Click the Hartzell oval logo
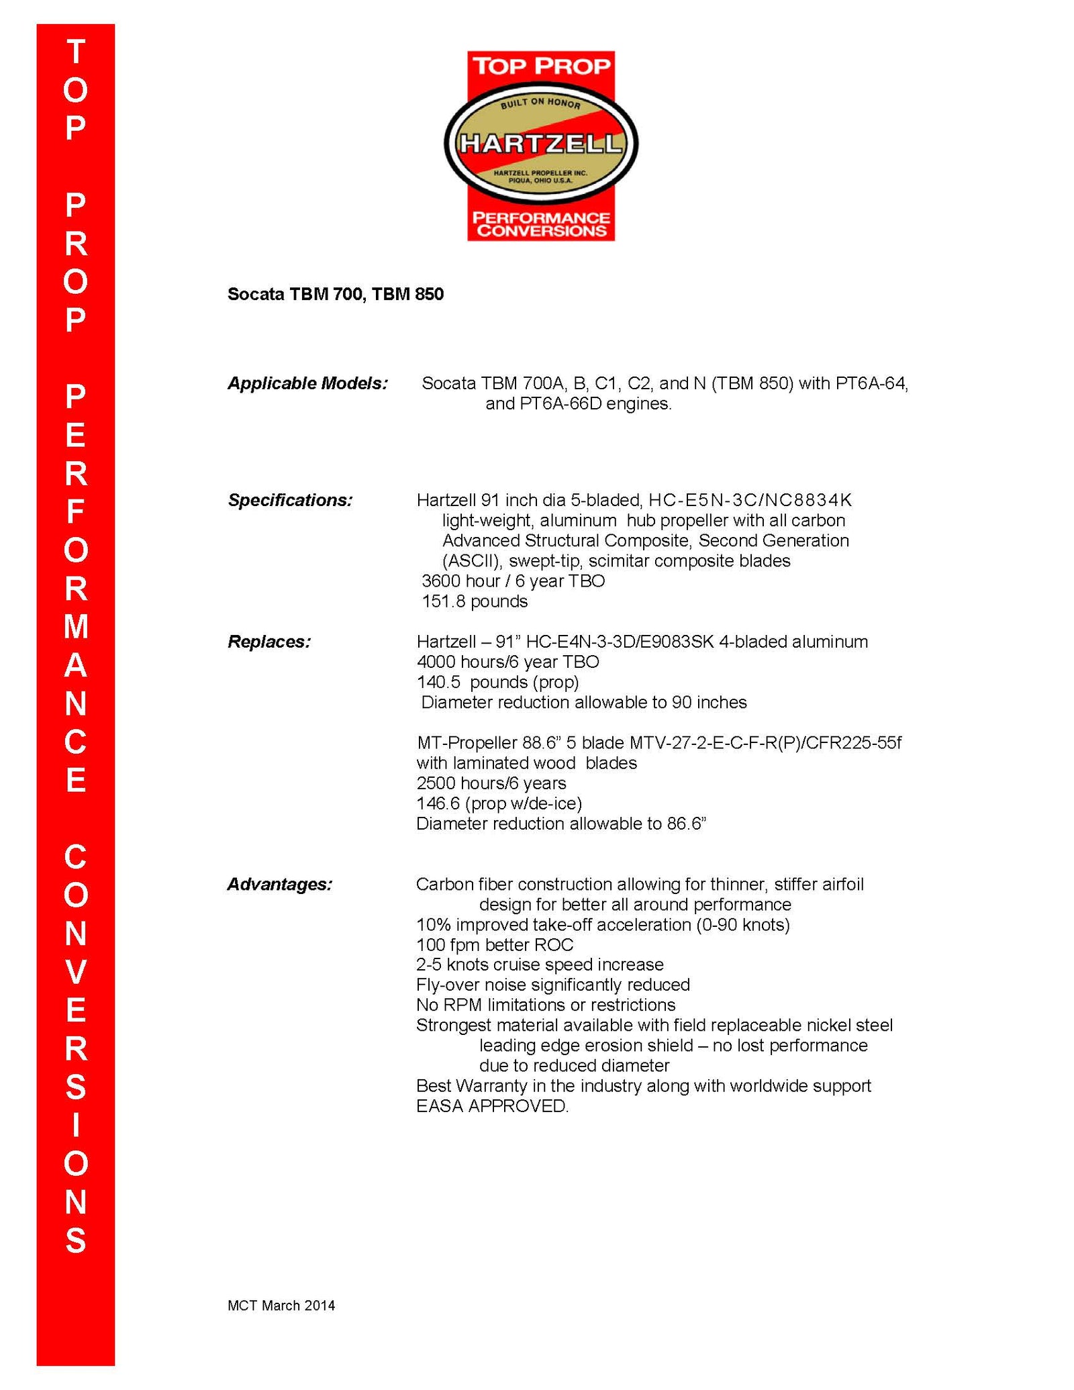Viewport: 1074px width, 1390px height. (x=541, y=144)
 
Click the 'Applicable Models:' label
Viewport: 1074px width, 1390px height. (x=307, y=383)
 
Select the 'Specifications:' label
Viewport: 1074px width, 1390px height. (x=290, y=500)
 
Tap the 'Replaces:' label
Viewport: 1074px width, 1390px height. (x=269, y=642)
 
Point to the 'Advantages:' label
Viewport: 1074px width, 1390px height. (x=279, y=884)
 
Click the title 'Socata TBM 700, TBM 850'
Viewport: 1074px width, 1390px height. (x=336, y=294)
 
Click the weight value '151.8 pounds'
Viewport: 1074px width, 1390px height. (x=475, y=601)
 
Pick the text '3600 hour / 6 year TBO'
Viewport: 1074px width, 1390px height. (x=513, y=581)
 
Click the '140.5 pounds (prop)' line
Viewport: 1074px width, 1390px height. (x=497, y=682)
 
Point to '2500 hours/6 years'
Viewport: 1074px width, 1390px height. (x=491, y=783)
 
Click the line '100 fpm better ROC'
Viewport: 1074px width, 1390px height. (x=495, y=945)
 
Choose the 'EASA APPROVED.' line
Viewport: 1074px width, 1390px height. (x=492, y=1106)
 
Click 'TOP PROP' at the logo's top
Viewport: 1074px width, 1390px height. (x=541, y=66)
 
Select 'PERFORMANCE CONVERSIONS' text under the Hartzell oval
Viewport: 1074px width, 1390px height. (x=541, y=224)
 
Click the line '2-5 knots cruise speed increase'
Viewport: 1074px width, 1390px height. (x=540, y=965)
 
